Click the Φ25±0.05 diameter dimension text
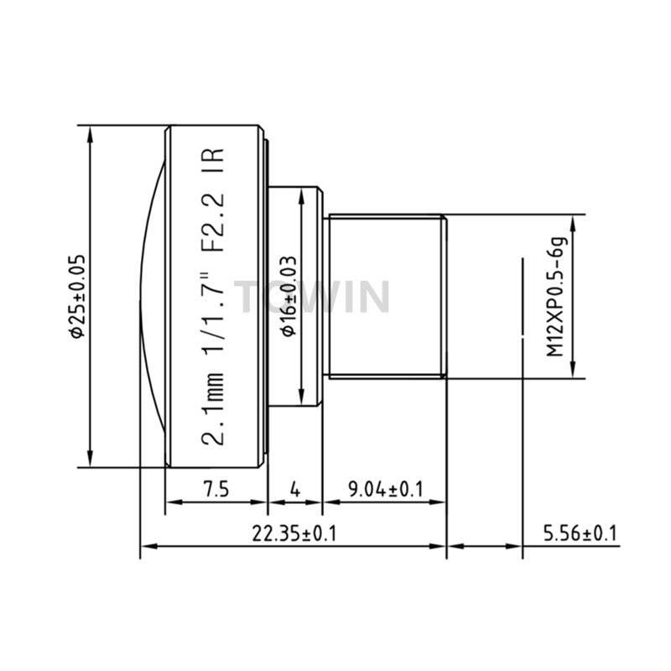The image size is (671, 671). [x=77, y=297]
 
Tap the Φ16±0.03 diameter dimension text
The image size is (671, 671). [x=289, y=296]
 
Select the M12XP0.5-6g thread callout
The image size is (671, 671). [x=556, y=297]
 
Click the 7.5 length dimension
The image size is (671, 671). [x=216, y=489]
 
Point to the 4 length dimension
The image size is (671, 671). [x=295, y=489]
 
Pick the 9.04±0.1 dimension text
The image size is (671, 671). [x=386, y=489]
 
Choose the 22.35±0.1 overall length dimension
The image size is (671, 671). [x=294, y=533]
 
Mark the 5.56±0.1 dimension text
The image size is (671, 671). [x=580, y=533]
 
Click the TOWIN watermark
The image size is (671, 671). [x=312, y=297]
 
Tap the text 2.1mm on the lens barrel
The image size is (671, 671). [x=213, y=409]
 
